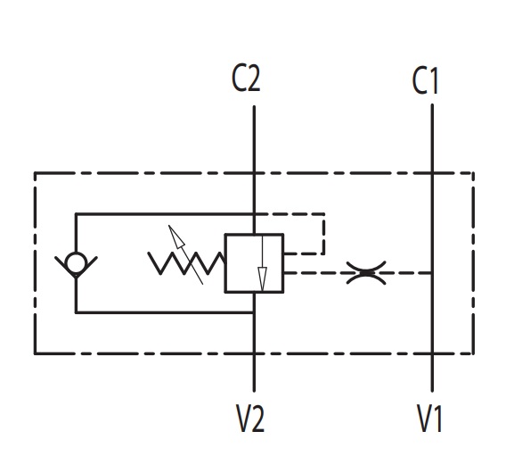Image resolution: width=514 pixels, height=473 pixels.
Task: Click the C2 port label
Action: point(246,79)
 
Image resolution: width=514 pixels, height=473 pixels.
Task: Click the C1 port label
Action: point(425,80)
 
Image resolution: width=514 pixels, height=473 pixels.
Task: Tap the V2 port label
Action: point(250,419)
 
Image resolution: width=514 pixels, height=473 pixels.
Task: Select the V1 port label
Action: point(429,419)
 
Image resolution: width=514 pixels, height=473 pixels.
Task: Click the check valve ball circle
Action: point(76,262)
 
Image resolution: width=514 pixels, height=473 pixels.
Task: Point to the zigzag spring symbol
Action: point(186,263)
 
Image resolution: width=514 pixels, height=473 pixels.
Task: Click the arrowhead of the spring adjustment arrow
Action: point(176,236)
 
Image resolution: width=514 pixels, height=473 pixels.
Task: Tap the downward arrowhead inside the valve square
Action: point(262,278)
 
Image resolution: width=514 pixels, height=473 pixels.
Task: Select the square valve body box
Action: point(254,263)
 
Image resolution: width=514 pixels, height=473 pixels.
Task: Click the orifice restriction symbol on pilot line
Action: point(366,272)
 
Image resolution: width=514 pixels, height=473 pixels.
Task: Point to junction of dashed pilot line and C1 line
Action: point(432,272)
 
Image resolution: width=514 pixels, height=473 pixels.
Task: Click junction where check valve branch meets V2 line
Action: point(254,312)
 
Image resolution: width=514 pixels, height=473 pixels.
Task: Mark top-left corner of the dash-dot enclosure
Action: point(35,173)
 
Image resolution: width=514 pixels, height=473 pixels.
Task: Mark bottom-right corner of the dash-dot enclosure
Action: point(473,353)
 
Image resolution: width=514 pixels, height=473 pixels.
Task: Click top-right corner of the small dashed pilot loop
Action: point(324,214)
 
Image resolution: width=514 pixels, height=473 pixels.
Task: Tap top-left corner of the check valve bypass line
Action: point(76,214)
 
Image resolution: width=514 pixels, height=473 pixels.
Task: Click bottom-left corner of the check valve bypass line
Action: point(76,312)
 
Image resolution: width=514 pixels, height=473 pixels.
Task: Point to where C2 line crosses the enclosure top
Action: point(254,173)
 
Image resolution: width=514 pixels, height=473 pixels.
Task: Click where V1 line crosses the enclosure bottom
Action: point(432,353)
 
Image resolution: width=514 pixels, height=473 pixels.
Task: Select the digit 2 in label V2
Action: point(257,419)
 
